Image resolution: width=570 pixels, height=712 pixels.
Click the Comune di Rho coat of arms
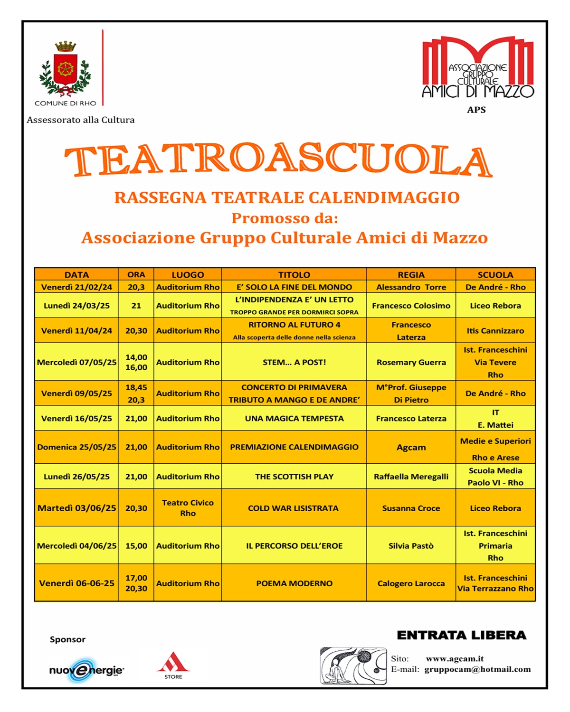coord(65,69)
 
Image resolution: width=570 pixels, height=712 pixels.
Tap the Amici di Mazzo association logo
coord(478,67)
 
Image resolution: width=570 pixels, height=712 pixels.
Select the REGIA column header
coord(411,274)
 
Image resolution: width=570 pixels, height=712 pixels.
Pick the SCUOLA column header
coord(495,274)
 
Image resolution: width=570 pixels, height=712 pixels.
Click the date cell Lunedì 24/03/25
coord(76,306)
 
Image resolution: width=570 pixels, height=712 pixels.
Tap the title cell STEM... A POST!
coord(294,362)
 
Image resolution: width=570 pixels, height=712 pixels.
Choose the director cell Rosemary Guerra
coord(411,362)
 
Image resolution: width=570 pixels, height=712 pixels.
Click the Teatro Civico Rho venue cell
coord(188,508)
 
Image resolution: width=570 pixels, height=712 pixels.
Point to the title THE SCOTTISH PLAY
coord(294,477)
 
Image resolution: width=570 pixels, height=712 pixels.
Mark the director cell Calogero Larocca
coord(411,583)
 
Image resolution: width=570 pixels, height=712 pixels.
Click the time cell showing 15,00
coord(136,546)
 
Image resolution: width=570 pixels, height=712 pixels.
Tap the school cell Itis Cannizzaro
coord(495,331)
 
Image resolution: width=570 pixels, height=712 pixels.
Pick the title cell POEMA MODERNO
coord(294,583)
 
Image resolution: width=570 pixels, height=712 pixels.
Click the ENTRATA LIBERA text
coord(461,635)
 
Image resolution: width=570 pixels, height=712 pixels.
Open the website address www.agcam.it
coord(455,658)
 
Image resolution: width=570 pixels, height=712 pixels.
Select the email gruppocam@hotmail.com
coord(477,669)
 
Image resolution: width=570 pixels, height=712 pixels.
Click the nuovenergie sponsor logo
coord(86,670)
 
